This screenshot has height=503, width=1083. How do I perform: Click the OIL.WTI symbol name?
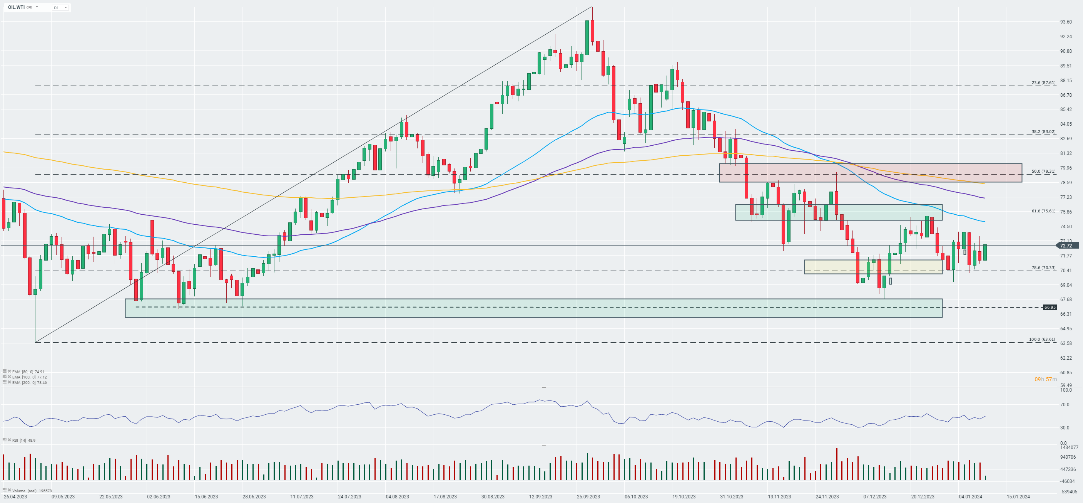coord(17,7)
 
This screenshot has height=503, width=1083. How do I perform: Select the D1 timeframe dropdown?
coord(60,8)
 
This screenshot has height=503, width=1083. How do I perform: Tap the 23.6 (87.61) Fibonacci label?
coord(1043,82)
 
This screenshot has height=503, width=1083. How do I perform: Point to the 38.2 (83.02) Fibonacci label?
coord(1043,131)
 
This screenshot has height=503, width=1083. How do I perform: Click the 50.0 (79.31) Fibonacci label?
coord(1043,171)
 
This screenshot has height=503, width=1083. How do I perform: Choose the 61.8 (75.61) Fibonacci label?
coord(1043,211)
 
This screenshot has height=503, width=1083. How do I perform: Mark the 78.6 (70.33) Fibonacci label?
coord(1043,268)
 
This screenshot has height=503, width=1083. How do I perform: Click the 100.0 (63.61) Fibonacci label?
coord(1042,339)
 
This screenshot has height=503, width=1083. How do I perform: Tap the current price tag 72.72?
coord(1066,246)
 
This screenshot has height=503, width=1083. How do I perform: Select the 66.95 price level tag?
coord(1050,307)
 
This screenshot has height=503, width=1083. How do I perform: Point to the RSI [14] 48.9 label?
coord(23,440)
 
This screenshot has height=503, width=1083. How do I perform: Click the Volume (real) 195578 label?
coord(32,491)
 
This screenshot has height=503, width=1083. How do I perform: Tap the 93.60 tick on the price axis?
coord(1066,22)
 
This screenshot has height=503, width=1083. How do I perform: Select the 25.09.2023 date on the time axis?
coord(588,497)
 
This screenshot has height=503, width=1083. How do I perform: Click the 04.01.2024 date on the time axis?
coord(970,497)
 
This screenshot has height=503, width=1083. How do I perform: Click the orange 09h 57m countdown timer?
coord(1046,379)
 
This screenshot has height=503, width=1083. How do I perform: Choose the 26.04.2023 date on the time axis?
coord(15,497)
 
